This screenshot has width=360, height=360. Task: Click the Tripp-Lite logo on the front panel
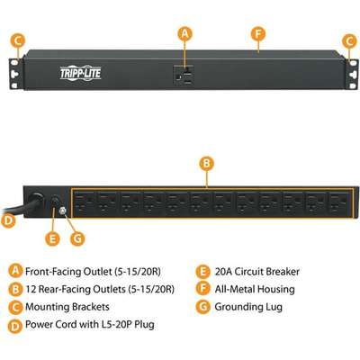coord(80,73)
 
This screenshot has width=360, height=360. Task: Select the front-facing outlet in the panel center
coord(184,76)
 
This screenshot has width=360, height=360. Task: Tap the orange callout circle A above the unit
coord(184,33)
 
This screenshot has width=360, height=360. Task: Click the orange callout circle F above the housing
coord(258,34)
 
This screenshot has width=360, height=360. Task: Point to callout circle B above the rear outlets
coord(207,164)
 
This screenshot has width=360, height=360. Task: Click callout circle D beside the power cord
coord(8,220)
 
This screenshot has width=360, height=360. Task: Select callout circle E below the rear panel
coord(52,239)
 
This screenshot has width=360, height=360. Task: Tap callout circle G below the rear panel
coord(77,239)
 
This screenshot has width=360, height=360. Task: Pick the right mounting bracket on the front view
coord(352,74)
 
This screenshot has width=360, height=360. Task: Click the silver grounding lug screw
coord(63,211)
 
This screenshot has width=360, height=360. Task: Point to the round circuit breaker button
coord(55,201)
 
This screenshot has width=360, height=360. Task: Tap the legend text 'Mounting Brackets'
coord(67,307)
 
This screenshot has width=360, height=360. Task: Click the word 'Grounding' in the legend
coord(238,307)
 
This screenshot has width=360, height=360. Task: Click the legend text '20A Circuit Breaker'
coord(257,272)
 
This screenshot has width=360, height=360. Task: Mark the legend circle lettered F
coord(202,289)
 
